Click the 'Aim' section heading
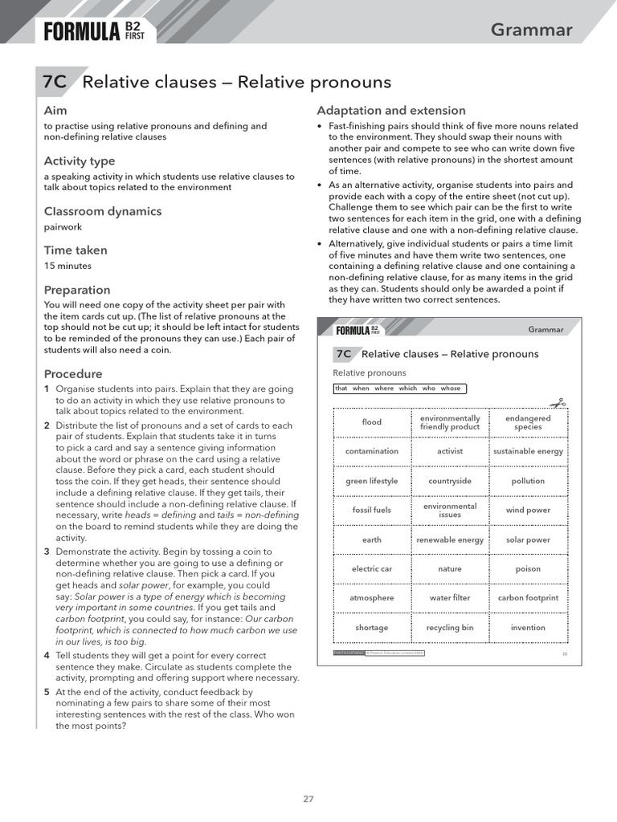[55, 110]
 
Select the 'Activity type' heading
[80, 161]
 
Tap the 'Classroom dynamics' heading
[102, 211]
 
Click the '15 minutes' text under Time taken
[67, 266]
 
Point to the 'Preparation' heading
[77, 290]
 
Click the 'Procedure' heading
[73, 373]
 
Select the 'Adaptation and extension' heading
[391, 110]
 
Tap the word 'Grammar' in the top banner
[531, 31]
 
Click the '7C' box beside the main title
[55, 82]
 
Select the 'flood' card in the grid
[372, 422]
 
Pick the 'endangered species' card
[528, 422]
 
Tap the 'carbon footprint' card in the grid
[528, 598]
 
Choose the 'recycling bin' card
[450, 628]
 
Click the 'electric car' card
[372, 569]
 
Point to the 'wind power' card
[528, 511]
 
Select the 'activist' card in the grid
[450, 451]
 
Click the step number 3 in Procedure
[47, 551]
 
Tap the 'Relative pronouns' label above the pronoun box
[370, 373]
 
